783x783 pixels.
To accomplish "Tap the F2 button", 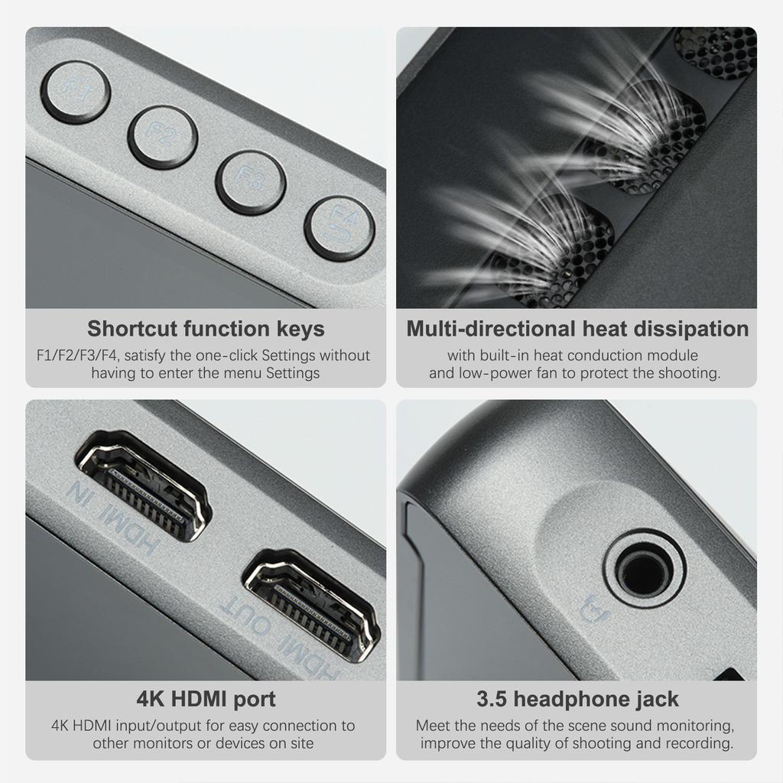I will [x=162, y=137].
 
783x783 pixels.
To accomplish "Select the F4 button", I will [x=340, y=228].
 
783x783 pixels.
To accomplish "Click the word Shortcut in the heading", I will [x=131, y=330].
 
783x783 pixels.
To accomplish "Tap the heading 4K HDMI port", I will [x=206, y=699].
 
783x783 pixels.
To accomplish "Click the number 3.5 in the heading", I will [x=492, y=699].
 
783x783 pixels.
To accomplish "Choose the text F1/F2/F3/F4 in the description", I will [x=76, y=356].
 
